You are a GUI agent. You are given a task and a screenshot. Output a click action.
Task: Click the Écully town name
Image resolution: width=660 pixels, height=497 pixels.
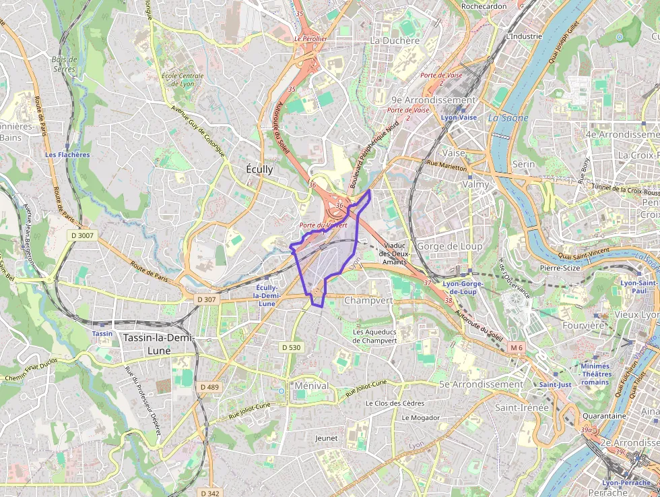point(260,169)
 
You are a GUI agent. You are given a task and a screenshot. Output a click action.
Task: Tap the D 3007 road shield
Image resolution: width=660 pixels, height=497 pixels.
point(83,235)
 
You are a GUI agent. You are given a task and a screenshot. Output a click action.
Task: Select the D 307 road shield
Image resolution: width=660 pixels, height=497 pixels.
point(207,299)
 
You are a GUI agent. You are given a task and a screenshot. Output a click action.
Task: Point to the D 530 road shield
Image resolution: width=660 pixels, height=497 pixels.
point(291,347)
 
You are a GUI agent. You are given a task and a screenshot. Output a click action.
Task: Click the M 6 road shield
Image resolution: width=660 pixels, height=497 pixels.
point(516,347)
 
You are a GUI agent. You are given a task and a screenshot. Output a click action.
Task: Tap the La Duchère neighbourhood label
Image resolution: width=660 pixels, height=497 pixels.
point(395,40)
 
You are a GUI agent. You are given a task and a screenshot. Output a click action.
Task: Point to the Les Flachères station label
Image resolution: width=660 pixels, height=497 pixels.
point(67,154)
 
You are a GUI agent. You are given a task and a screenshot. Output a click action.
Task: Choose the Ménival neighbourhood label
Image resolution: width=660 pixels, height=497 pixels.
point(312,386)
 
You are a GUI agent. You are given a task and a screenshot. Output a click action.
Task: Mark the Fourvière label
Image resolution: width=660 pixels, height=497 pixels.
point(583,325)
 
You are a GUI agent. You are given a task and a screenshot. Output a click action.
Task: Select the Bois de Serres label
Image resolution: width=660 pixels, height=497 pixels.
point(65,64)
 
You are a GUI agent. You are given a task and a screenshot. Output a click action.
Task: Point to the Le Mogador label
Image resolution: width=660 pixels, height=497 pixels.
point(420,417)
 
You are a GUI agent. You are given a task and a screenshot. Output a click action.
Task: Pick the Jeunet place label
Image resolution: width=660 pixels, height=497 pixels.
point(326,438)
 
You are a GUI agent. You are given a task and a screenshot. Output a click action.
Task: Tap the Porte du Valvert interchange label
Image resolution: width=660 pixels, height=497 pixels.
point(323,225)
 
